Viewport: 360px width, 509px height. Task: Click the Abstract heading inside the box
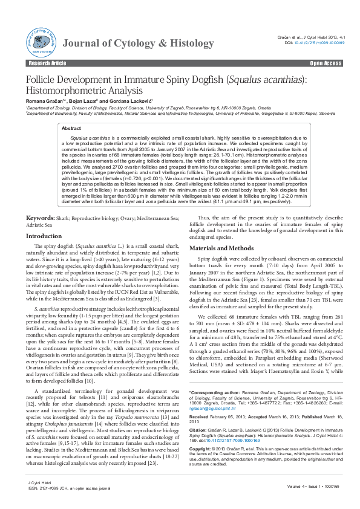tap(71, 129)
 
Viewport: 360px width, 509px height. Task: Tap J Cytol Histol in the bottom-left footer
tap(38, 484)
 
